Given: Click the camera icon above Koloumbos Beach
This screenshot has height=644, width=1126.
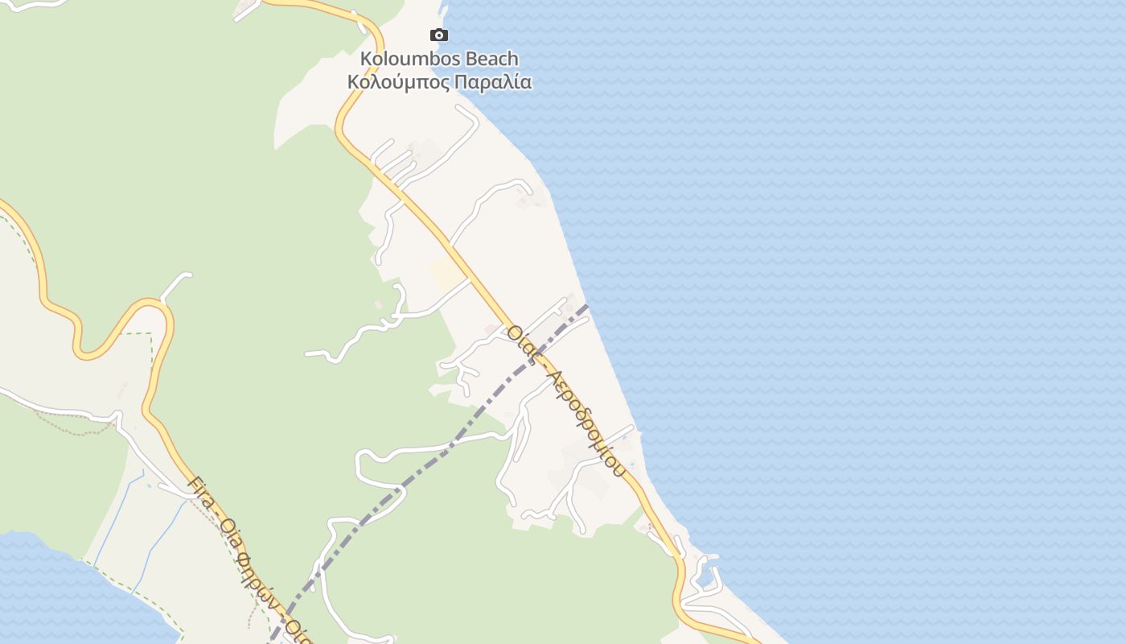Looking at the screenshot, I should click(438, 35).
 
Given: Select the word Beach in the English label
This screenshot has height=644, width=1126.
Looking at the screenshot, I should click(488, 59).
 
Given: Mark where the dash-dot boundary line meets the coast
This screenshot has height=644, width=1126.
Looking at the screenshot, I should click(587, 306).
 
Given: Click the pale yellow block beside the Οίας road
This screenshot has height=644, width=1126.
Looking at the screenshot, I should click(445, 274).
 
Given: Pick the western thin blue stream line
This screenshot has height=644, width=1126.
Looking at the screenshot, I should click(113, 523).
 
